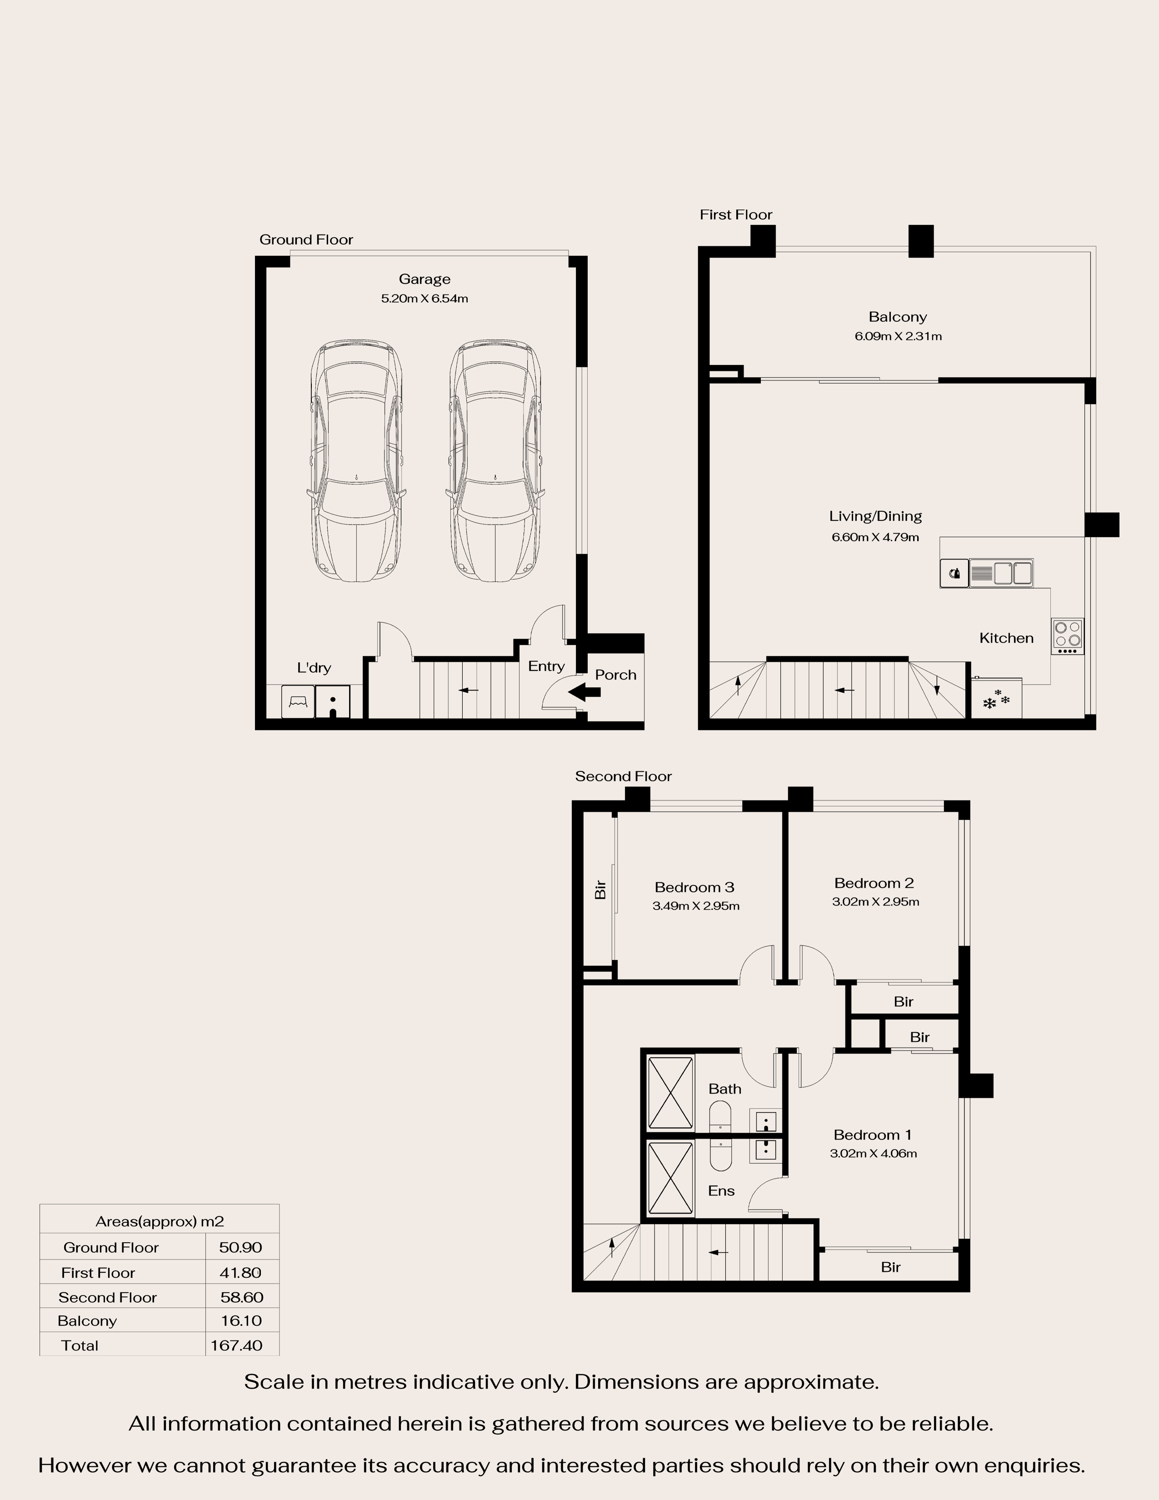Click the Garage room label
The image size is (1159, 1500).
click(x=425, y=279)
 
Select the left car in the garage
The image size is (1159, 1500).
click(x=356, y=460)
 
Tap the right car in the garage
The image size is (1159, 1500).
click(x=495, y=460)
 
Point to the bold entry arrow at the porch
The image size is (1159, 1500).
click(x=584, y=692)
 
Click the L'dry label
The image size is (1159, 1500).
click(x=314, y=668)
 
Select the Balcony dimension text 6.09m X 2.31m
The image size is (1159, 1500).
click(x=898, y=336)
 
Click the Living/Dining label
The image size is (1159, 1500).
click(x=875, y=516)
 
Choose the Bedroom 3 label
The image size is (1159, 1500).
click(x=694, y=887)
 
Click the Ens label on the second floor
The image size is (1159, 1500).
click(x=721, y=1191)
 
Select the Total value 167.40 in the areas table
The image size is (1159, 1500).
click(x=236, y=1345)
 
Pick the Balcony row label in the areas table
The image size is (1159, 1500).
click(x=87, y=1321)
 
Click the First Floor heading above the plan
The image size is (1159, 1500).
click(x=736, y=214)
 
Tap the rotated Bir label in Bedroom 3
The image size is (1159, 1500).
click(x=600, y=890)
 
